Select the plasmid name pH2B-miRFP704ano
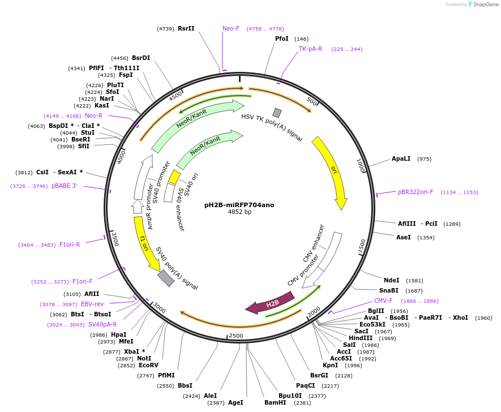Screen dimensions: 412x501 (239, 205)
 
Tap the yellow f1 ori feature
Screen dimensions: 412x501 (144, 243)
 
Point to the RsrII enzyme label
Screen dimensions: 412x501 (186, 28)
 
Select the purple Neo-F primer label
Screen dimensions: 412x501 (231, 28)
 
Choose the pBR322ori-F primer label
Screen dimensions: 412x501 (416, 192)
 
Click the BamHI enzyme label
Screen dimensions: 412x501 (275, 403)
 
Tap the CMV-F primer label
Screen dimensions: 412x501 (383, 301)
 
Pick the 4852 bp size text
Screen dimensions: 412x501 (239, 212)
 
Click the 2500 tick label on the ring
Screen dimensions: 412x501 (235, 336)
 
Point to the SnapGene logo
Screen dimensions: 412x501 (483, 5)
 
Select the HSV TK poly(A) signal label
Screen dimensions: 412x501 (272, 127)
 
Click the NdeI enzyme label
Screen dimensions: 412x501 (391, 280)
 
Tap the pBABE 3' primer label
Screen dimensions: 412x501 (64, 186)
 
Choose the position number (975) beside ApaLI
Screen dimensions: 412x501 (424, 159)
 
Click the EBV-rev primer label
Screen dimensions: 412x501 (92, 304)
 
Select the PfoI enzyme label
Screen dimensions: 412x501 (281, 38)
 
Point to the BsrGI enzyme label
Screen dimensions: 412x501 (319, 375)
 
